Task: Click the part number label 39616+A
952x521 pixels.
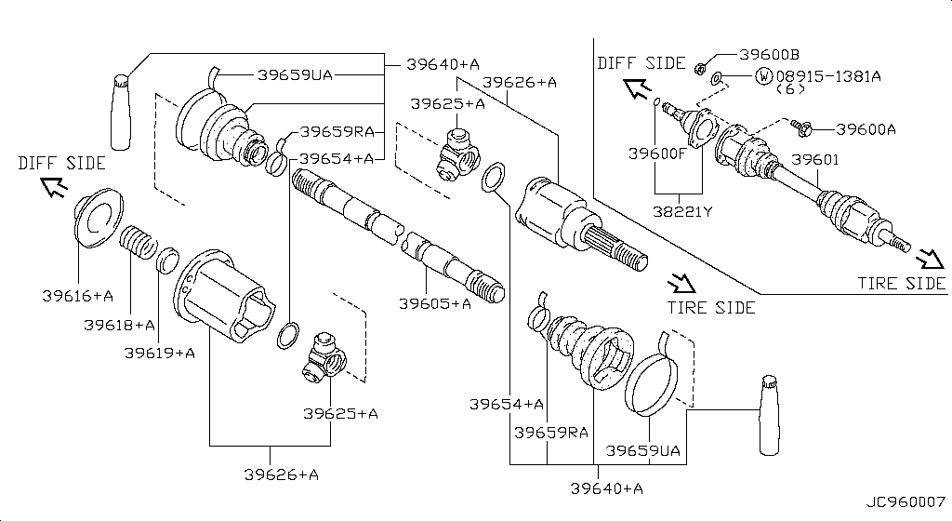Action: coord(77,297)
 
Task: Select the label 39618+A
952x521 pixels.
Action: coord(119,325)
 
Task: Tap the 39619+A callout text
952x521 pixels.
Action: coord(160,353)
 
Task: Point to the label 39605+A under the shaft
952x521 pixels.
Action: coord(434,302)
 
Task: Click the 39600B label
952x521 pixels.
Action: coord(770,56)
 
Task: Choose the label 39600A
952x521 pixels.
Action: coord(866,129)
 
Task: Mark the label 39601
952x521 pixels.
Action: coord(815,160)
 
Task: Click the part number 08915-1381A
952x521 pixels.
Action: coord(828,74)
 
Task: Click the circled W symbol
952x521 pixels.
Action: coord(763,74)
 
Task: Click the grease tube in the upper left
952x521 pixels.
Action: coord(122,110)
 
